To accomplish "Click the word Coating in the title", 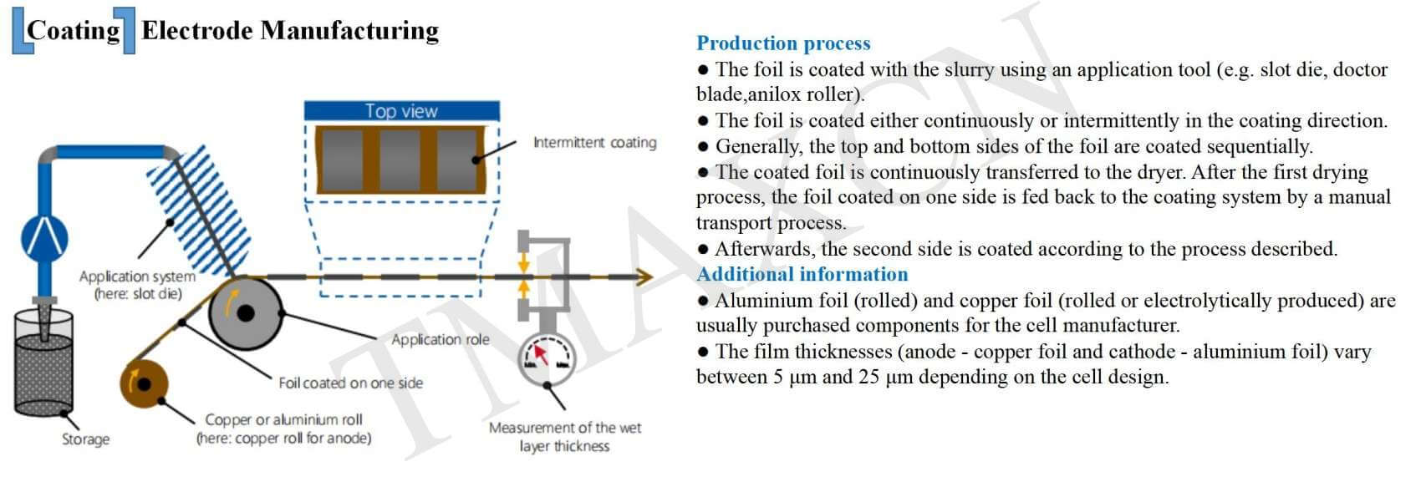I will (74, 30).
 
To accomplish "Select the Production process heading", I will (783, 43).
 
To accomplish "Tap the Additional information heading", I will (802, 274).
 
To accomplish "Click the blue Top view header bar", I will (401, 111).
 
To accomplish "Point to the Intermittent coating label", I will (594, 142).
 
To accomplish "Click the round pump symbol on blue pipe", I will (44, 237).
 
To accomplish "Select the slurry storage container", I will (43, 363).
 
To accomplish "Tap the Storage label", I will (85, 439).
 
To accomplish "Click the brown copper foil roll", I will (144, 384).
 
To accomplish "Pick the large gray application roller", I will (244, 312).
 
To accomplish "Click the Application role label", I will (441, 339).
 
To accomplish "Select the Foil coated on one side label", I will (350, 383).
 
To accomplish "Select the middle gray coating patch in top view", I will (400, 160).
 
